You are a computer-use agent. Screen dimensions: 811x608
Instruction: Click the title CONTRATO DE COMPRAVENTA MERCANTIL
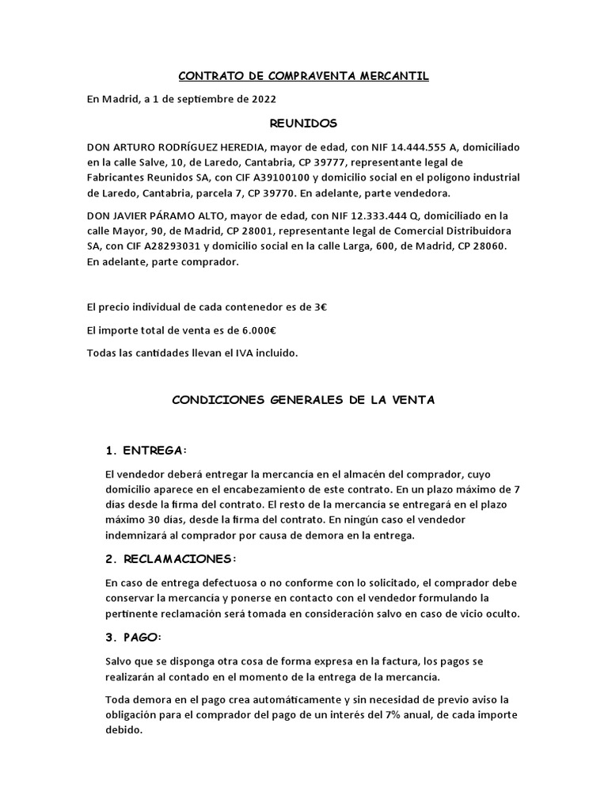point(304,76)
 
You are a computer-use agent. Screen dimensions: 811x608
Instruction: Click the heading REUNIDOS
point(304,123)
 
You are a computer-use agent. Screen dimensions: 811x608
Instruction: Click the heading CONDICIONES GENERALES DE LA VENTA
point(304,401)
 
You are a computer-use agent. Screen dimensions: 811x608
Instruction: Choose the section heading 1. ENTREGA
point(147,450)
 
